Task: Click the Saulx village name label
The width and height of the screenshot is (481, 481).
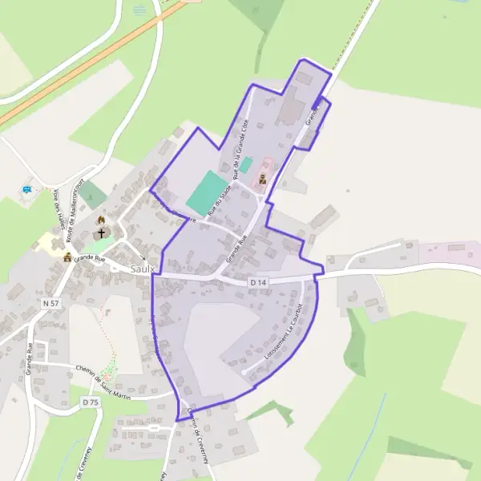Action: pyautogui.click(x=141, y=270)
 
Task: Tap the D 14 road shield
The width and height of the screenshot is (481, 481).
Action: pyautogui.click(x=257, y=283)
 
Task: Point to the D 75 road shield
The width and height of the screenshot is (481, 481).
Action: pyautogui.click(x=90, y=401)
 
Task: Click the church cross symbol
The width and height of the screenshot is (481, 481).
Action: pyautogui.click(x=102, y=234)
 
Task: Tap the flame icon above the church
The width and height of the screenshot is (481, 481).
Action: pyautogui.click(x=101, y=220)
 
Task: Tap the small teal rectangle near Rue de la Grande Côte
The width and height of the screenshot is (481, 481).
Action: pyautogui.click(x=247, y=164)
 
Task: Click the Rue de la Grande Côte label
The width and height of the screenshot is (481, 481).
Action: pyautogui.click(x=240, y=149)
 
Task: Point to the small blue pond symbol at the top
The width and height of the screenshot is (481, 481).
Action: pyautogui.click(x=140, y=9)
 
